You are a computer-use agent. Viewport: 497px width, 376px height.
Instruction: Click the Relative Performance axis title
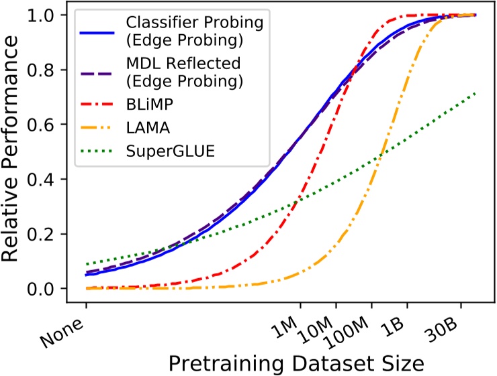(15, 151)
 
